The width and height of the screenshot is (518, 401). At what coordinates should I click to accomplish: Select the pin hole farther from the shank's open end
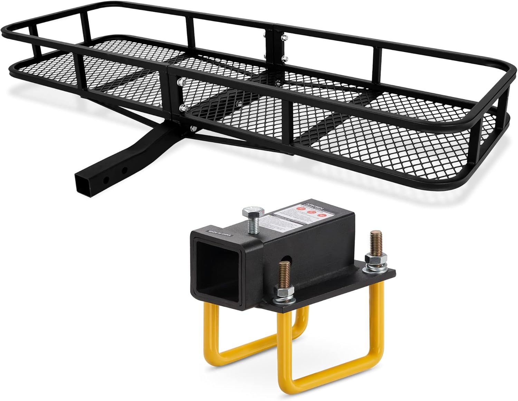pos(124,170)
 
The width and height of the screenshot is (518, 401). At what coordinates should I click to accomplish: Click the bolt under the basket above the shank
pos(192,128)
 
